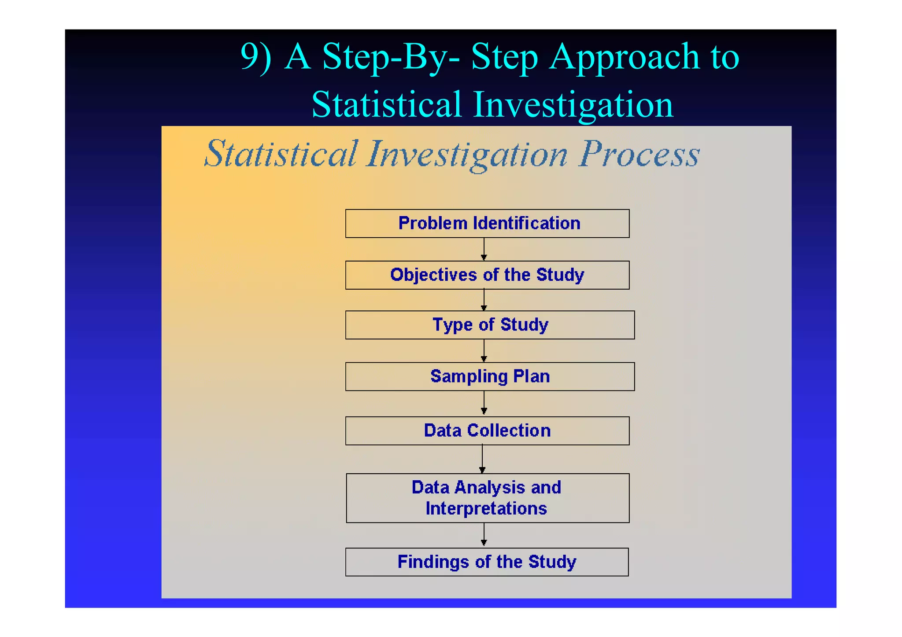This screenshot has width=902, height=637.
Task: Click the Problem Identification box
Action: [487, 224]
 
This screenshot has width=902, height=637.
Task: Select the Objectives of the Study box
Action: [487, 275]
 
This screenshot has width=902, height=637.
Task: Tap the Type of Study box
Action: [490, 325]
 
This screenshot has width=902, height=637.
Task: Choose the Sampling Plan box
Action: [490, 376]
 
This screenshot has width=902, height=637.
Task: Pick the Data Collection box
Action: [487, 431]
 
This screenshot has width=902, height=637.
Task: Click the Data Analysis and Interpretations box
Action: [487, 498]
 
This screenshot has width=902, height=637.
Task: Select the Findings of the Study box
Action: [487, 562]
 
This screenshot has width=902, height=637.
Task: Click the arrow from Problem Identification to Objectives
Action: [484, 250]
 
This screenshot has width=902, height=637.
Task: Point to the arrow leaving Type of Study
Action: [484, 350]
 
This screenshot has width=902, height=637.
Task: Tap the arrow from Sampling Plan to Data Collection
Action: [484, 403]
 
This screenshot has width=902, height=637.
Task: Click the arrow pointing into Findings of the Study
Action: [484, 535]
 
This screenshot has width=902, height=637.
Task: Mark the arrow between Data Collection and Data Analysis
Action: [482, 459]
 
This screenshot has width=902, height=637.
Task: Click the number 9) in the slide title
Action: [255, 57]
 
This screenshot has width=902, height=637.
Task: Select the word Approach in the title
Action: [624, 57]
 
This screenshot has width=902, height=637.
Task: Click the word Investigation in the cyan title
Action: [573, 105]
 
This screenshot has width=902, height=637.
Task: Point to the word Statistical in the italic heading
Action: [281, 154]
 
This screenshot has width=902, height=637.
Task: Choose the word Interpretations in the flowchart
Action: [486, 508]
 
